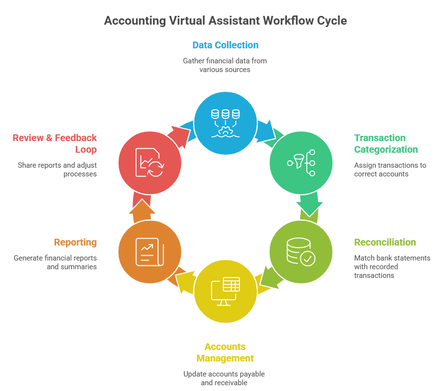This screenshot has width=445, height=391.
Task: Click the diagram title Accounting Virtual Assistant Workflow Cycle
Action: tap(225, 21)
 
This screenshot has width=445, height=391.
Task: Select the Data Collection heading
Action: tap(225, 45)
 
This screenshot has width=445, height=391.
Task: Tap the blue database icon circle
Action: tap(225, 123)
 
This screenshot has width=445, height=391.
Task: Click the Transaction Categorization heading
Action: tap(386, 144)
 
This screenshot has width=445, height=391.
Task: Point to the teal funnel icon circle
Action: tap(301, 163)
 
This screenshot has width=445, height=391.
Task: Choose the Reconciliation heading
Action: tap(385, 242)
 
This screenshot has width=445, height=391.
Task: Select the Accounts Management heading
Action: tap(224, 352)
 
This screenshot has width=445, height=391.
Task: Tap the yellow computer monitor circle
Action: tap(225, 291)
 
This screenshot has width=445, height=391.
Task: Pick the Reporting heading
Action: tap(75, 242)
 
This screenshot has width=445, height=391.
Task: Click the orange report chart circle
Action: tap(150, 252)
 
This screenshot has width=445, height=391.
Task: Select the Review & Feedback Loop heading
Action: tap(55, 144)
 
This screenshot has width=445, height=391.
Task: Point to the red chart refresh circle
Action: tap(150, 162)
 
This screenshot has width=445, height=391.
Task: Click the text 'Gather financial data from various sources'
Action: tap(225, 65)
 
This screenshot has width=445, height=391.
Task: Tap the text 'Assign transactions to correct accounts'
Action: tap(390, 170)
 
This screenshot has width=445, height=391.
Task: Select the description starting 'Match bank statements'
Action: tap(392, 266)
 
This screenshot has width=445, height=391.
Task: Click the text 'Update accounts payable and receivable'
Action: tap(224, 378)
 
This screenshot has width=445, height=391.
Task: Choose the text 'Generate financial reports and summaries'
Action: tap(55, 262)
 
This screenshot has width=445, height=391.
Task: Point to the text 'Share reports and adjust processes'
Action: tap(57, 170)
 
